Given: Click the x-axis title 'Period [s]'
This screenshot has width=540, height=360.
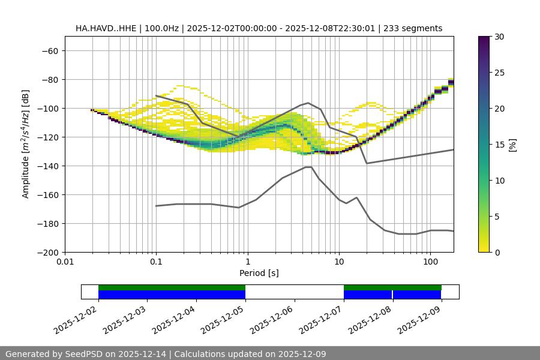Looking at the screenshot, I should pyautogui.click(x=259, y=274).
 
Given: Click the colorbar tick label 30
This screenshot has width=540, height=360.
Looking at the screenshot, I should pyautogui.click(x=499, y=37).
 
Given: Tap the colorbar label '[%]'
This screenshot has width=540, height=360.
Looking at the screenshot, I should pyautogui.click(x=512, y=145).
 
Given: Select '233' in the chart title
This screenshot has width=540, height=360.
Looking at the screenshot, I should pyautogui.click(x=398, y=28).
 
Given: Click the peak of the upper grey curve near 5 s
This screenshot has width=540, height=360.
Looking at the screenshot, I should pyautogui.click(x=308, y=103).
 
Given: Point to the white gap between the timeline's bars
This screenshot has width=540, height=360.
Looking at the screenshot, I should pyautogui.click(x=294, y=292).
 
